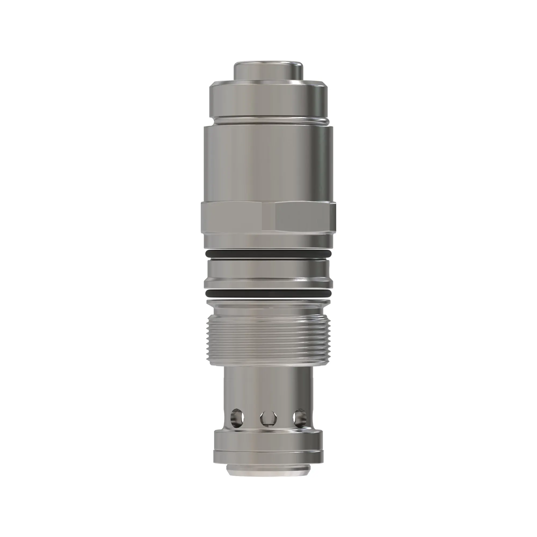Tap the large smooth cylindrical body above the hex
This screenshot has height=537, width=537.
(268, 164)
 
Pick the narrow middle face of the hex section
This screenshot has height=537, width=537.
(268, 217)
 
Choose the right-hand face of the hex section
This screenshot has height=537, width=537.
(304, 217)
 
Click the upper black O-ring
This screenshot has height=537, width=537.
(268, 253)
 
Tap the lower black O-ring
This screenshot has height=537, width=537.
(268, 293)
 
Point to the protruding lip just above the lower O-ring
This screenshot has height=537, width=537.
(268, 284)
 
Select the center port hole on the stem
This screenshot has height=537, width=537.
(268, 418)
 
